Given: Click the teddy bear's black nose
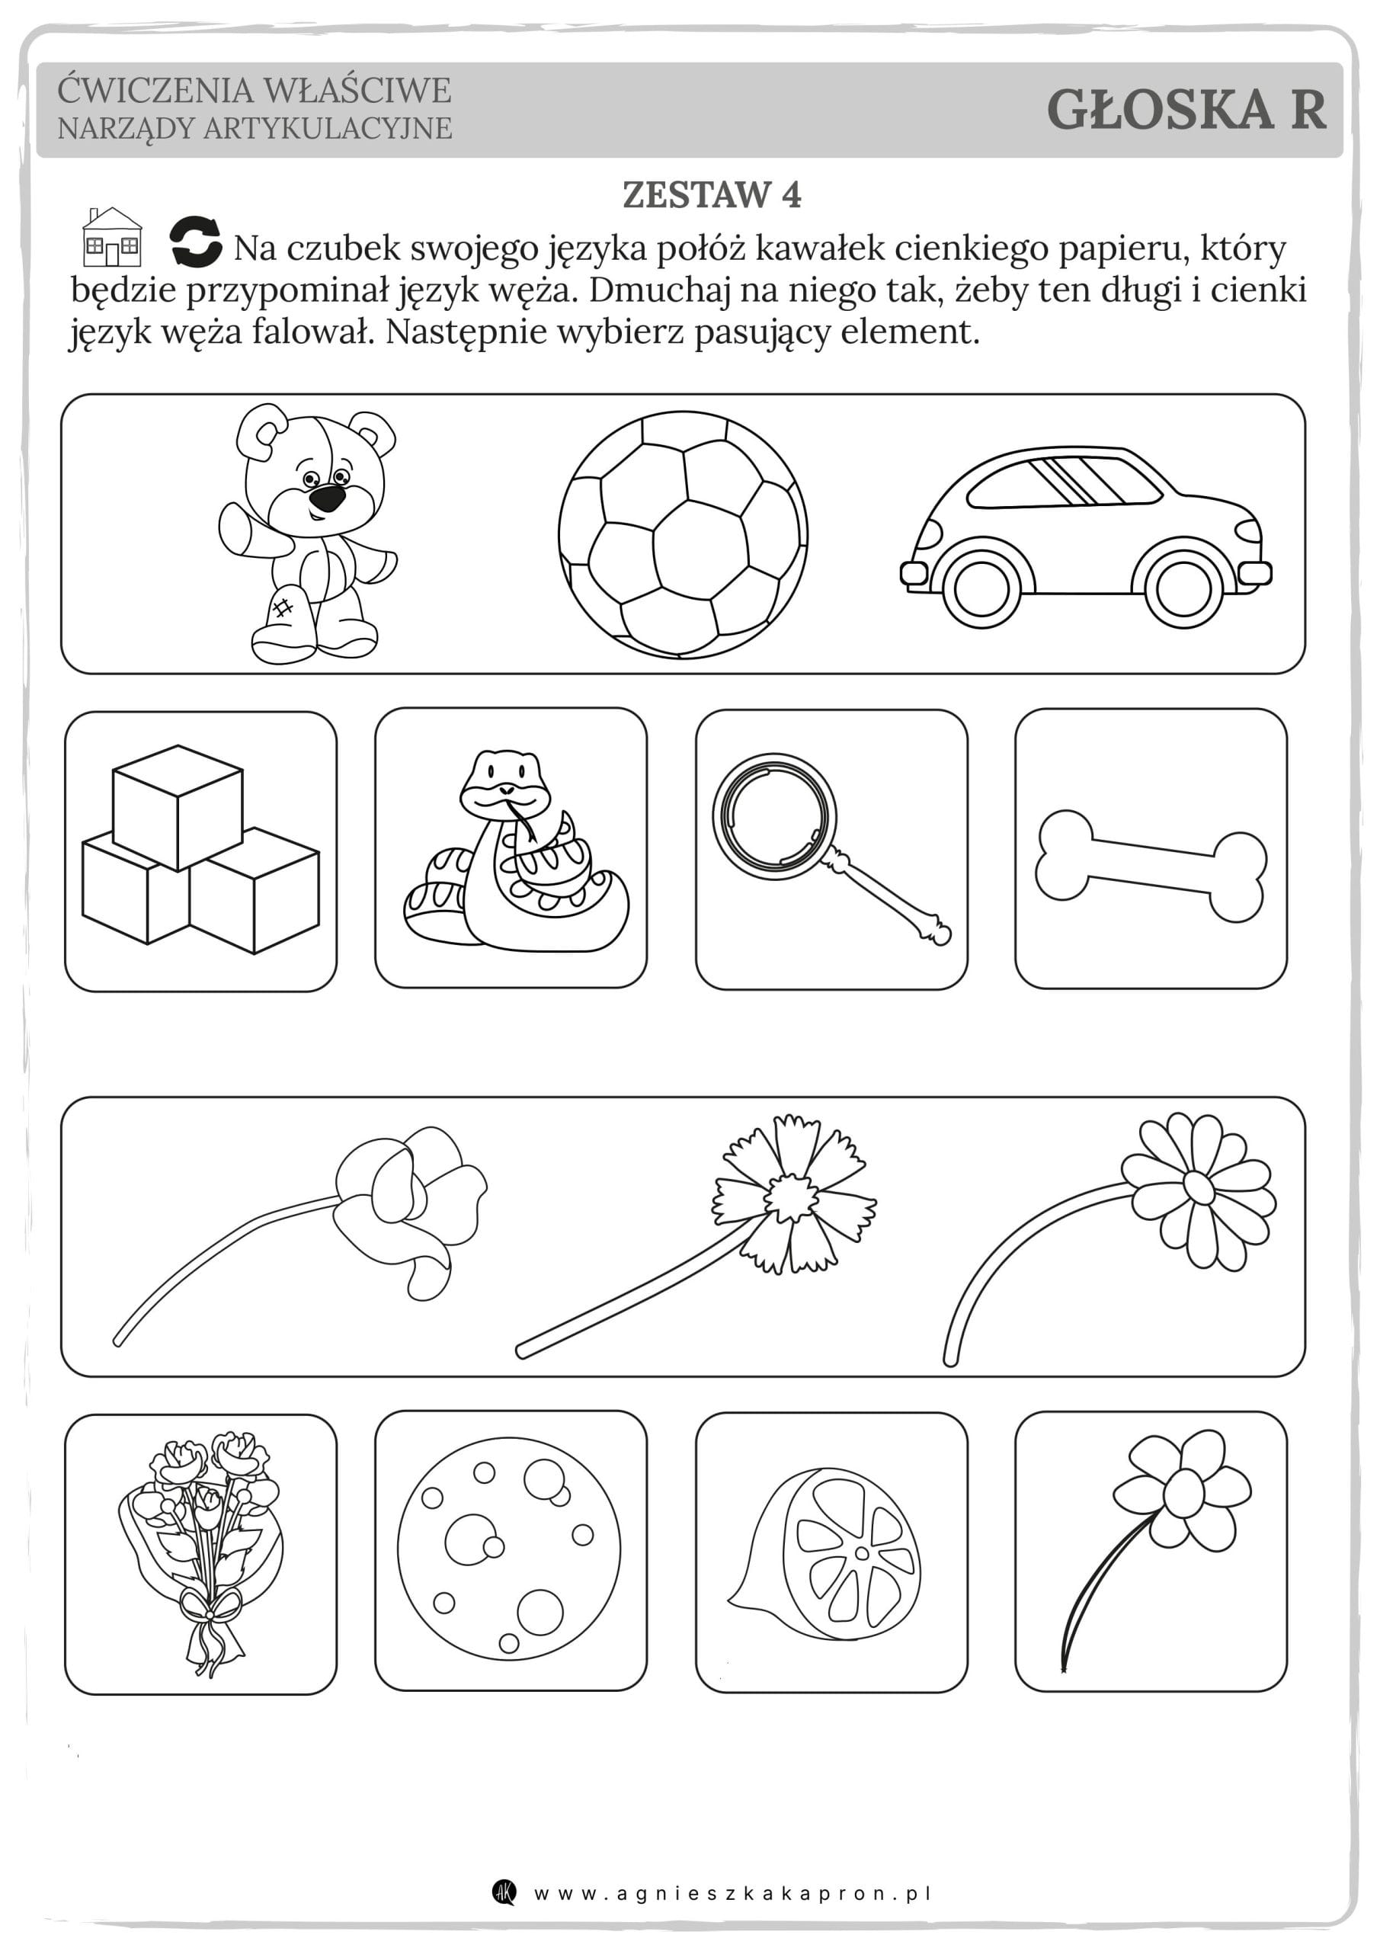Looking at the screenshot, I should (326, 497).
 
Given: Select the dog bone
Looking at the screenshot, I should (1151, 866).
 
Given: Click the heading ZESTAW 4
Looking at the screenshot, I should (711, 194).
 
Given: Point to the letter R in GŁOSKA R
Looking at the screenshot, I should (1307, 111).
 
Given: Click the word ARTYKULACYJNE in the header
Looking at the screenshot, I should (327, 128).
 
